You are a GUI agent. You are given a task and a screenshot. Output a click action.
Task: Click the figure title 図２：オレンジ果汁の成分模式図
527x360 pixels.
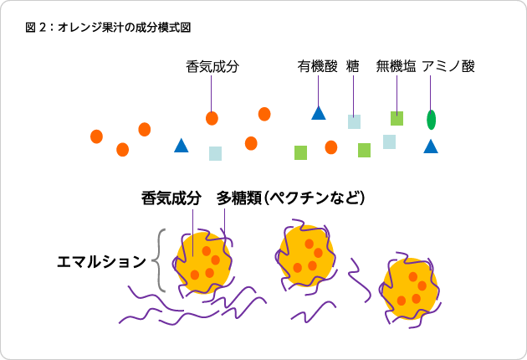click(x=108, y=28)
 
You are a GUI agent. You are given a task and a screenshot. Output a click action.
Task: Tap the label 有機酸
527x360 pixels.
click(x=317, y=66)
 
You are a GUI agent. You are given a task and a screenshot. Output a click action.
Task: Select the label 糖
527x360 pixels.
click(x=353, y=66)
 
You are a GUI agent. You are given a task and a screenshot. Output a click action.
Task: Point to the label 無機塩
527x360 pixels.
click(x=397, y=66)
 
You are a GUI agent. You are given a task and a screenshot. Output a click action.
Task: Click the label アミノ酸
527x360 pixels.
click(x=448, y=66)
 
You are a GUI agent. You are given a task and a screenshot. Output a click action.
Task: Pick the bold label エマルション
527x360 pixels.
click(x=101, y=262)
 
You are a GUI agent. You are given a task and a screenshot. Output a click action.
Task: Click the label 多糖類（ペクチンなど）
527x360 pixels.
click(x=291, y=198)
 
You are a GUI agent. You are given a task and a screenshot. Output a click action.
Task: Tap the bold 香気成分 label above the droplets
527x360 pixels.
click(x=171, y=198)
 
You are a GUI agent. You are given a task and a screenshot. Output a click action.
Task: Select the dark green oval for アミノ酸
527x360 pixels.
click(x=431, y=120)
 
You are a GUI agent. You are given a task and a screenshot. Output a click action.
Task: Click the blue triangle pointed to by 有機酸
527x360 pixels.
click(x=319, y=113)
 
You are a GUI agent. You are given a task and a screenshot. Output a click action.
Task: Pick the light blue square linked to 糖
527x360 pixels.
click(x=354, y=121)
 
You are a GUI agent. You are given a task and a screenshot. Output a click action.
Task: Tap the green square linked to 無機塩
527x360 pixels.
click(x=397, y=118)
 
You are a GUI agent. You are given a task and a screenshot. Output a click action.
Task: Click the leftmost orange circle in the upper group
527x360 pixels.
click(x=96, y=136)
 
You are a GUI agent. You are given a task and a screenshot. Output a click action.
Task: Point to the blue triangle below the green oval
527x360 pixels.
click(x=431, y=147)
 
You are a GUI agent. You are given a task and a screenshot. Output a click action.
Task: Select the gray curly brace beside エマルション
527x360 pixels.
click(x=159, y=260)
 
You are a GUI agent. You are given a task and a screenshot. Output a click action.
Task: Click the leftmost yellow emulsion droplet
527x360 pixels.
click(x=203, y=262)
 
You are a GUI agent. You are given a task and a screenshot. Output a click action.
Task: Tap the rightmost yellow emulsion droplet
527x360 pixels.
click(x=410, y=288)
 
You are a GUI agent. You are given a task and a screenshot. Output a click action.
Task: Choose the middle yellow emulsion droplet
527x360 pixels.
click(x=306, y=255)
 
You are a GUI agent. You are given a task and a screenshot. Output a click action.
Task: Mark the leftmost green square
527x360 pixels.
click(x=301, y=152)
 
